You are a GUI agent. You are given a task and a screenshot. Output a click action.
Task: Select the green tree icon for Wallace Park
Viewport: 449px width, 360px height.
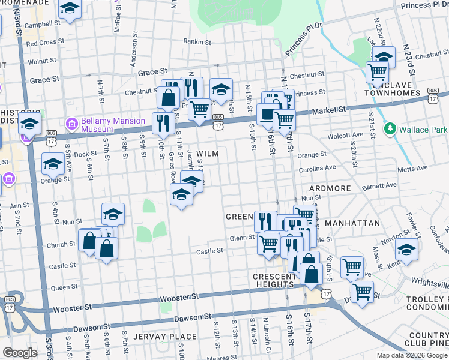pyautogui.click(x=390, y=129)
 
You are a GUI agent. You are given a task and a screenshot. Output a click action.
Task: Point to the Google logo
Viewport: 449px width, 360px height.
pyautogui.click(x=20, y=353)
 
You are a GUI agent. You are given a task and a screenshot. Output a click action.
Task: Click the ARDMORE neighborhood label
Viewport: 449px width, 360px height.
pyautogui.click(x=330, y=188)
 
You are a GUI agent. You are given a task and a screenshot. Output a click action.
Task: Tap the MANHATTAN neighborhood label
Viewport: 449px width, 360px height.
pyautogui.click(x=352, y=223)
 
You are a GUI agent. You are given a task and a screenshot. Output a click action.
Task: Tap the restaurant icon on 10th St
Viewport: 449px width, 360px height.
pyautogui.click(x=163, y=122)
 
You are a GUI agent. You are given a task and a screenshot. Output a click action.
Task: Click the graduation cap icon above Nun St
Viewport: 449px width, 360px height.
pyautogui.click(x=113, y=214)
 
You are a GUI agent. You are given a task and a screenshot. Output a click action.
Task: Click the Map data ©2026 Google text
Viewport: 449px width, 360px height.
pyautogui.click(x=411, y=355)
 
